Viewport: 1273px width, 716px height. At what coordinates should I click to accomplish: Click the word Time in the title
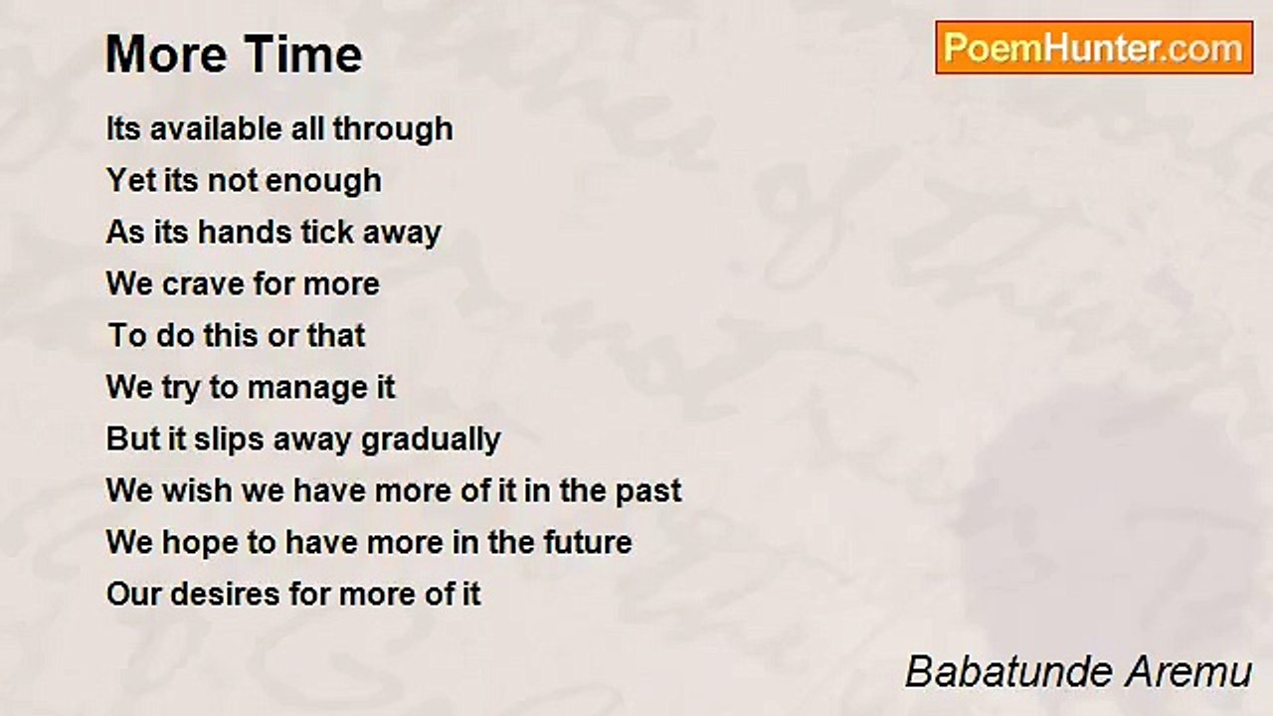(303, 54)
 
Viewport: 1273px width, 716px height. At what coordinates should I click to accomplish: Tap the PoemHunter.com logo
(1094, 48)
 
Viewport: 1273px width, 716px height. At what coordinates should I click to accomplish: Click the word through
(393, 130)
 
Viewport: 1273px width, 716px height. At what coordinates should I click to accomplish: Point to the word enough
(323, 182)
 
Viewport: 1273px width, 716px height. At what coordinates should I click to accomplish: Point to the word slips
(229, 441)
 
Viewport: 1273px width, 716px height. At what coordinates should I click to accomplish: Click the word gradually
(431, 441)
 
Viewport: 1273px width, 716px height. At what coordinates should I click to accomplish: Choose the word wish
(197, 490)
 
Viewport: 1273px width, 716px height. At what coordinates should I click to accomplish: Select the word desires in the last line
(225, 594)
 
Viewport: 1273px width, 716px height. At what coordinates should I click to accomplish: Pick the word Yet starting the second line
(130, 180)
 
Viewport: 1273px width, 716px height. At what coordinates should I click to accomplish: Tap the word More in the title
(166, 54)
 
